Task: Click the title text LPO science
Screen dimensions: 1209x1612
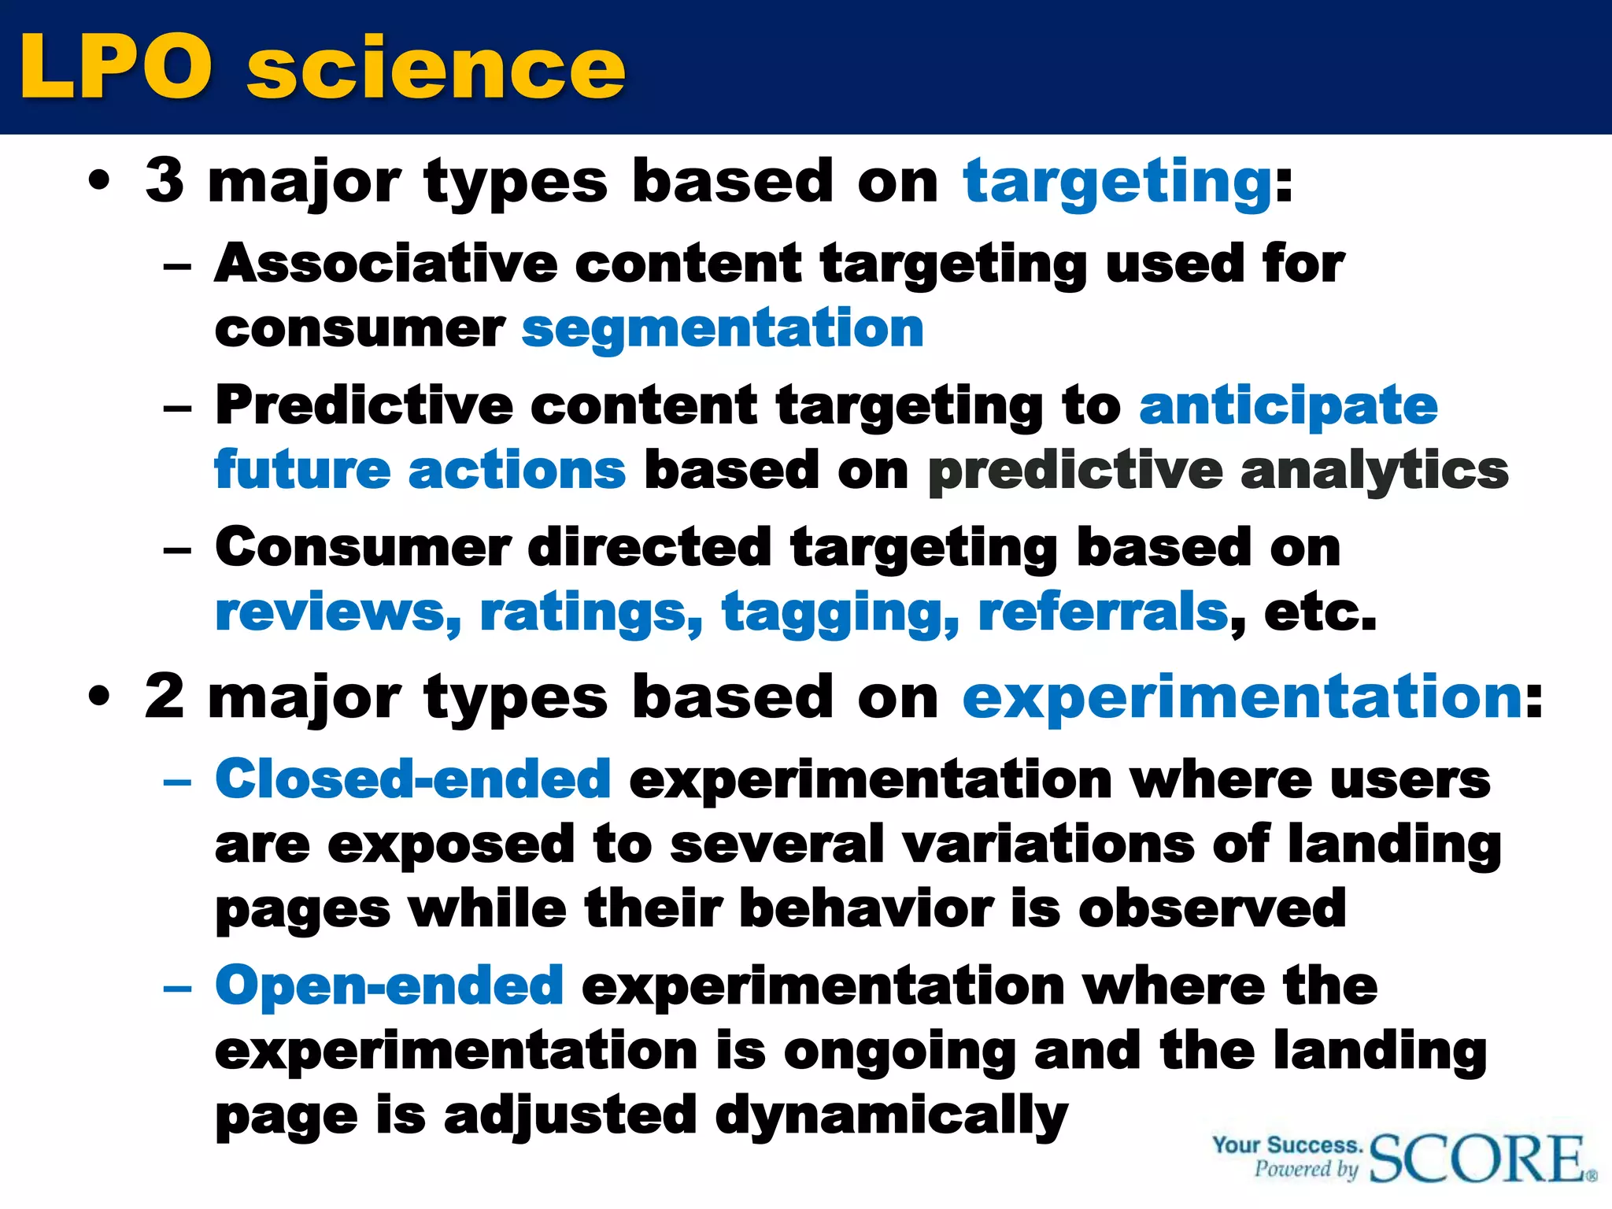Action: point(323,68)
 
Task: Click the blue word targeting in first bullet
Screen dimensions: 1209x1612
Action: point(1117,182)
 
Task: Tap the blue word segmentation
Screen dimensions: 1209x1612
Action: point(723,328)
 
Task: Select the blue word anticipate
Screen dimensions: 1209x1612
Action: point(1288,405)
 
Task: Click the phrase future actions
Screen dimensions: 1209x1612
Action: point(420,470)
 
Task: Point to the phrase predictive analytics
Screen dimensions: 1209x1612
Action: point(1218,471)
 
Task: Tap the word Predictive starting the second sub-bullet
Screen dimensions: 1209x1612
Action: point(364,405)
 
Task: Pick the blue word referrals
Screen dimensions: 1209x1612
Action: point(1103,612)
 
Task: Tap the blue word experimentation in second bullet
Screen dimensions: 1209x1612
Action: point(1242,698)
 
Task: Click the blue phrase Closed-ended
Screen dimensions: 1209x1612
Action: point(413,779)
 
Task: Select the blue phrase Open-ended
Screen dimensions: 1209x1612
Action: point(390,985)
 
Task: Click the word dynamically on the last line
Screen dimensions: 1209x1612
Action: point(891,1116)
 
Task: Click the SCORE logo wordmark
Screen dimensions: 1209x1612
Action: point(1478,1159)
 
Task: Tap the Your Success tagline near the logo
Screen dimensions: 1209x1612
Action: point(1286,1145)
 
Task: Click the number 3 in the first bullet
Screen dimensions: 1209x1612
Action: point(165,180)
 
